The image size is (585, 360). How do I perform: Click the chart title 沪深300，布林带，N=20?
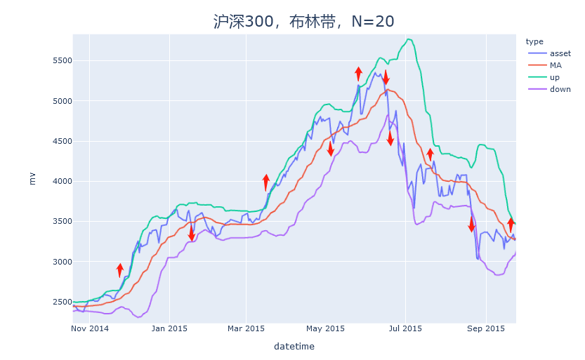(304, 21)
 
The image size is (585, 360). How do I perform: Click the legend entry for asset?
(560, 53)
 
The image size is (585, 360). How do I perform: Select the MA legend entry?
(556, 65)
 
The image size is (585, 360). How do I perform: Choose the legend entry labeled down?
(560, 89)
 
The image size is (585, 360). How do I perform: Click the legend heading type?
(534, 41)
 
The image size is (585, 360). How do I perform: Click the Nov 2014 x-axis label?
(91, 328)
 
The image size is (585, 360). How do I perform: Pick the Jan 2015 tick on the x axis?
(169, 328)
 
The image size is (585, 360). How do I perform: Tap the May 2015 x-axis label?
(326, 328)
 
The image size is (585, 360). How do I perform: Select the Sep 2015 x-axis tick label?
(486, 328)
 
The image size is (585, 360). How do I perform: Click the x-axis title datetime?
(294, 347)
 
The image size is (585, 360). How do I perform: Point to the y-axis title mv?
(32, 178)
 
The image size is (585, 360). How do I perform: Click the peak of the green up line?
(409, 39)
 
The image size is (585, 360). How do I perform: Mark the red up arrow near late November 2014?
(120, 270)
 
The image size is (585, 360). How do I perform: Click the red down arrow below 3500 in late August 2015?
(472, 225)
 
